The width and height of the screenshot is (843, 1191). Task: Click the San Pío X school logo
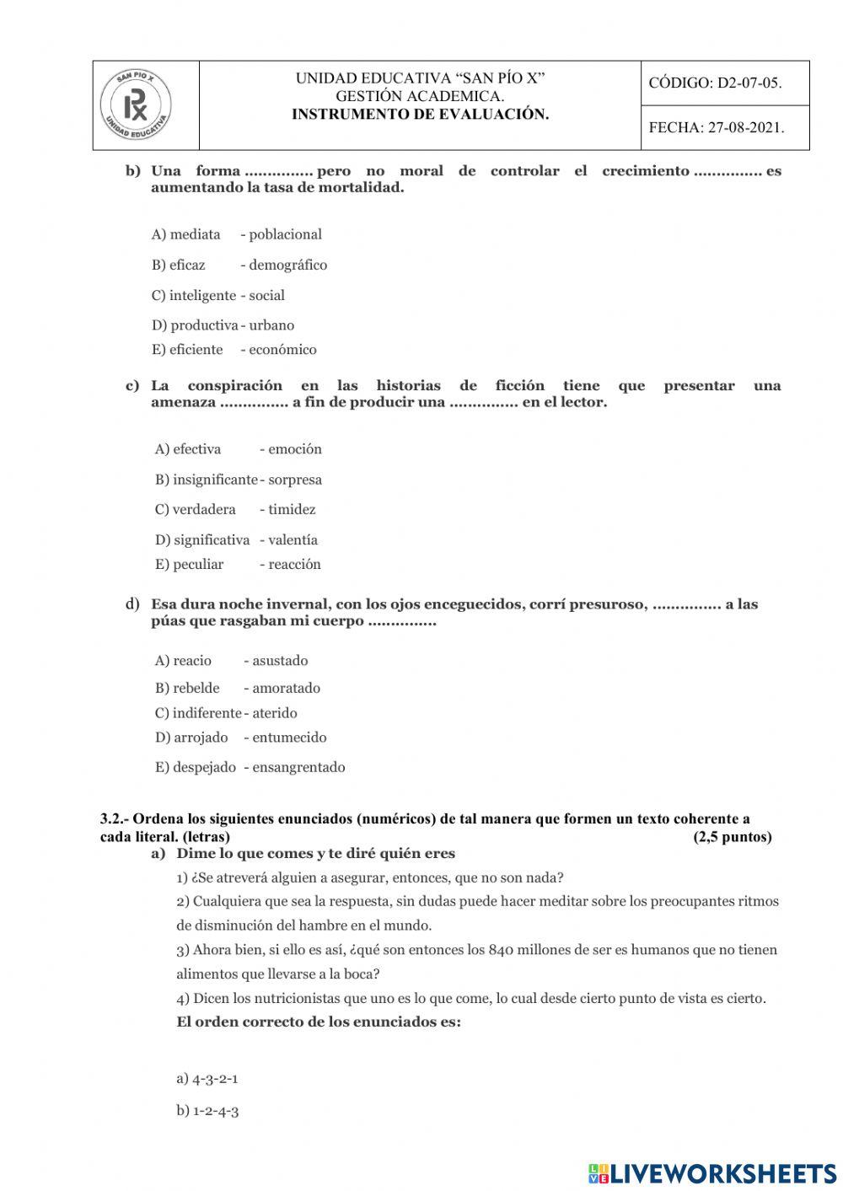[136, 106]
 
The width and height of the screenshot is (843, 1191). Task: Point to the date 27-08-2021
[746, 128]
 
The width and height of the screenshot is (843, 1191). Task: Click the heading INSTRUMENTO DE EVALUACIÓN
[420, 115]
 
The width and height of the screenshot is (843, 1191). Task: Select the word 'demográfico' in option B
[287, 265]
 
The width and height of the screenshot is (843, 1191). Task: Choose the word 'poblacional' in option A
[285, 234]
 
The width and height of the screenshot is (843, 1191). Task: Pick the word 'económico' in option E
[282, 349]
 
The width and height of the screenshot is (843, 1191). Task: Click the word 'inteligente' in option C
[202, 295]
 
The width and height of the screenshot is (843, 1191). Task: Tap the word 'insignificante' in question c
[215, 480]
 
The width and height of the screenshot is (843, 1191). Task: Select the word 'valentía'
[293, 539]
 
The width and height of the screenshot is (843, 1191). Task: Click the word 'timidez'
[292, 509]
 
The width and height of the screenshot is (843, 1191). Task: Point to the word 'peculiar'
[198, 564]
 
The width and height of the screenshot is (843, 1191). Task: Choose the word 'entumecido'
[289, 737]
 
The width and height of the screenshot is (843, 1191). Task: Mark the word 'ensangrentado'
[298, 767]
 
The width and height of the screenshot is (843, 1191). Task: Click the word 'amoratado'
[286, 688]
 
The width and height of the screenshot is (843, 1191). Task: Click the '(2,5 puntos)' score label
[732, 837]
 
